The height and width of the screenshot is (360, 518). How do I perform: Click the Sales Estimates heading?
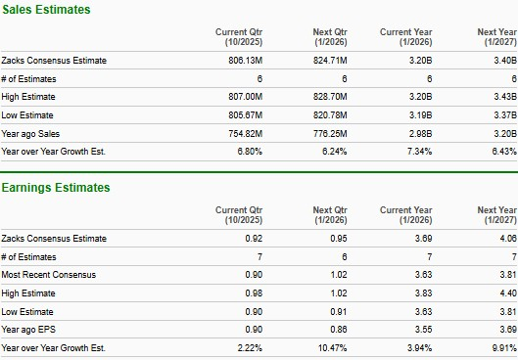46,9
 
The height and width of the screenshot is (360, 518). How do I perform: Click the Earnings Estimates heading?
56,188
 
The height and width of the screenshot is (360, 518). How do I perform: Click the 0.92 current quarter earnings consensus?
255,239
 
